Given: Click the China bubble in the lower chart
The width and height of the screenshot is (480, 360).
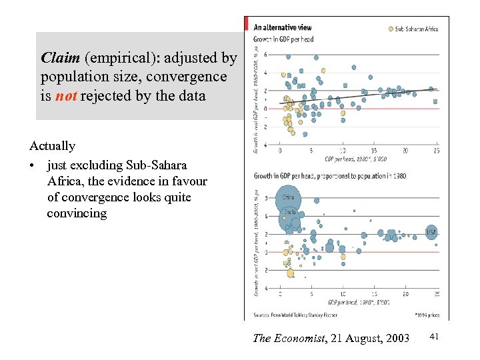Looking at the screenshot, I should click(289, 197).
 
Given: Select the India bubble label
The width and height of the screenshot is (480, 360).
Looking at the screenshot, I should click(291, 212).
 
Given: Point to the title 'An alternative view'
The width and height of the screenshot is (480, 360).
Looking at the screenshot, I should click(283, 27).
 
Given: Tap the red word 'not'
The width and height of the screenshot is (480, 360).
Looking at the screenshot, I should click(65, 96).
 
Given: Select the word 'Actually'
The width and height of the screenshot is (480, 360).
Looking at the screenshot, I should click(52, 145).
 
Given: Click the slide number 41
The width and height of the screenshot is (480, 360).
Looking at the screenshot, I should click(434, 338).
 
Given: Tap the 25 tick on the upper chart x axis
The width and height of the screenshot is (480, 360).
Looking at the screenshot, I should click(436, 151).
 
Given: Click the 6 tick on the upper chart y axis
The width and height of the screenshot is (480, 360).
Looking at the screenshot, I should click(267, 55).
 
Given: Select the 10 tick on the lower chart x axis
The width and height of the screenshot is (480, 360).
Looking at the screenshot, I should click(342, 294).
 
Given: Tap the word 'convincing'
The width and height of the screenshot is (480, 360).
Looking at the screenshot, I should click(77, 213).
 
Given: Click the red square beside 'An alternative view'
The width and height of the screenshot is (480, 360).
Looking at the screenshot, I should click(249, 27).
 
